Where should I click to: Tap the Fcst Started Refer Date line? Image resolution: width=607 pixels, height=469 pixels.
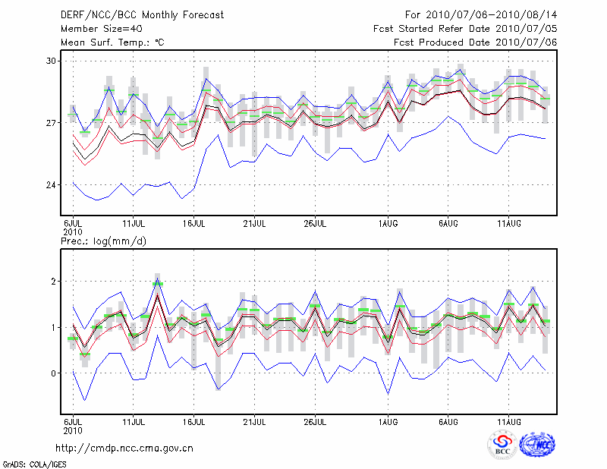point(465,28)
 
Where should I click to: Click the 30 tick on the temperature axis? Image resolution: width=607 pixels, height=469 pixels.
point(51,61)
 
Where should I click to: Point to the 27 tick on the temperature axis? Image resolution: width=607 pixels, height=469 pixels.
point(51,123)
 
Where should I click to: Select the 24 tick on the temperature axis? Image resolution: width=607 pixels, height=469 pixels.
point(51,185)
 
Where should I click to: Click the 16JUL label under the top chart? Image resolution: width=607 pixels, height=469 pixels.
point(194,223)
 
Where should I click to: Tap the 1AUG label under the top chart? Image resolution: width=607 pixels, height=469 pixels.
point(388,223)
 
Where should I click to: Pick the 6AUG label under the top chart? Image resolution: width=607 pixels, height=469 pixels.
point(448,223)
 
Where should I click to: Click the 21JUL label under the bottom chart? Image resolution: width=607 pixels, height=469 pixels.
point(254,420)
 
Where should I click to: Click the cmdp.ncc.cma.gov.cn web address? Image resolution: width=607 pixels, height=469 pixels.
point(125,448)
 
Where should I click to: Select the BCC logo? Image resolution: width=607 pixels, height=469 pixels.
point(502,445)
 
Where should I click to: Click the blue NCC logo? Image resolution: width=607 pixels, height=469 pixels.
point(537,445)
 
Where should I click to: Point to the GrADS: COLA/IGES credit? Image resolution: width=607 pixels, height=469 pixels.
point(33,463)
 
